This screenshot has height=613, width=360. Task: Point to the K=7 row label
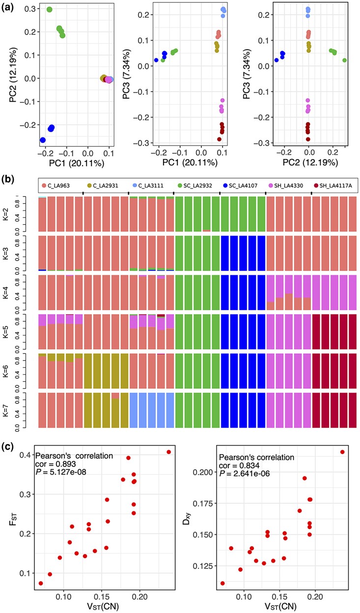(18, 411)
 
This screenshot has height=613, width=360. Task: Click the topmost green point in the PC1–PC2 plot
(50, 9)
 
